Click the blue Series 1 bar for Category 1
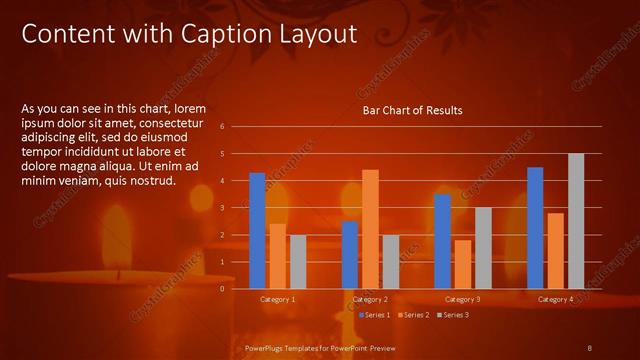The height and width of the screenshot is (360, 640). point(257,231)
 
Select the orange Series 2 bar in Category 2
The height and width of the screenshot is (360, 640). point(370,229)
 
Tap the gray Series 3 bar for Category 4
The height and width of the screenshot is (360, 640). point(576,221)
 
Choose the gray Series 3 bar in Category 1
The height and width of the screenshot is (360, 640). point(298,262)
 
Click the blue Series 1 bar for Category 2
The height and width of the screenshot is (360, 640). point(350,255)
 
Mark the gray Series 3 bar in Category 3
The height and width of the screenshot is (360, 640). point(483,248)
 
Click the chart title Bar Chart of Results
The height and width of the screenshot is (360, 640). point(412,111)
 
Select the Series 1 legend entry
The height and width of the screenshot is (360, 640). point(374,315)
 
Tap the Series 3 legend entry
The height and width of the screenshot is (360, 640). point(452,315)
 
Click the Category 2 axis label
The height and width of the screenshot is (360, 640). point(370,299)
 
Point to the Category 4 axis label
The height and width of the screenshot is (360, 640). point(555,299)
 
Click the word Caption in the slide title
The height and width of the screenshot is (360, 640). point(228,34)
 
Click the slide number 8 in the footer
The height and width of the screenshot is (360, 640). point(589,347)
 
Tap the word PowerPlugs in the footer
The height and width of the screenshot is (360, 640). point(265,347)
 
